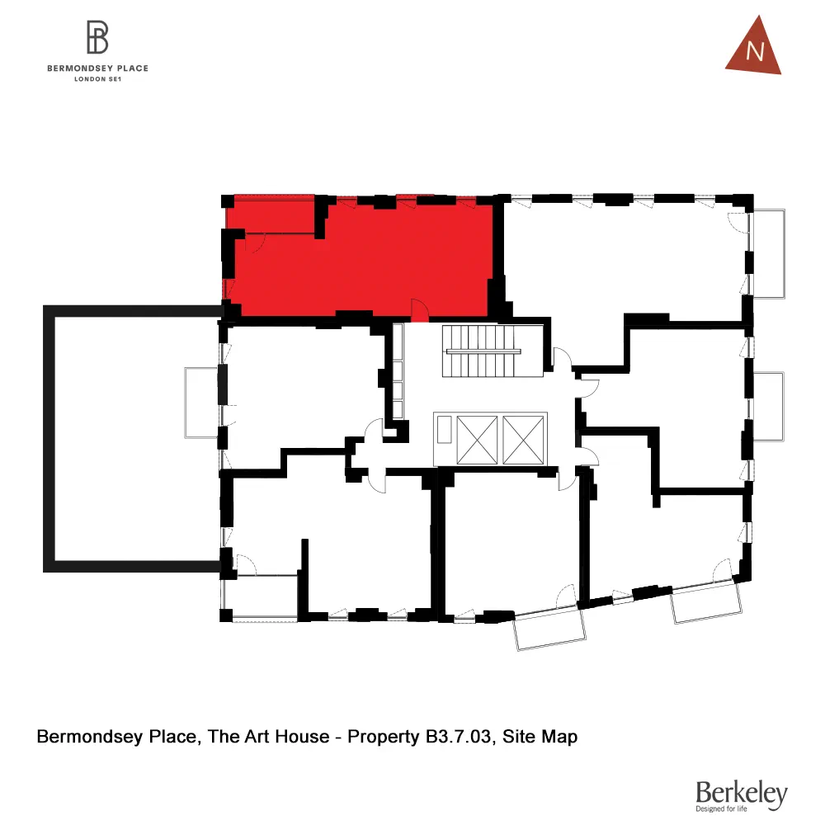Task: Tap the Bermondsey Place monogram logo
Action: [97, 38]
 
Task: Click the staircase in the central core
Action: [483, 351]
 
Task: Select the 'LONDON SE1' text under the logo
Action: [97, 79]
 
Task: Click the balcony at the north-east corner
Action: [769, 253]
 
